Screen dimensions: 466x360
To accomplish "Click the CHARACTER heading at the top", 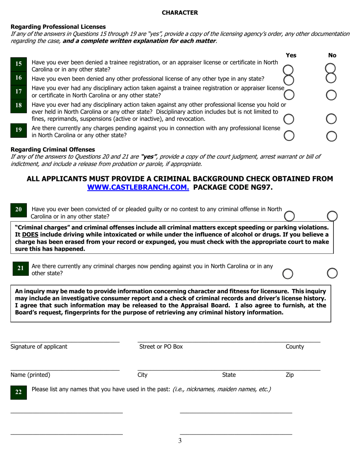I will [x=180, y=13].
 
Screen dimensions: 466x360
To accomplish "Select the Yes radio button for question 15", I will [x=288, y=70].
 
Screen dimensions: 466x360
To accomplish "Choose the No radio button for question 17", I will [x=331, y=95].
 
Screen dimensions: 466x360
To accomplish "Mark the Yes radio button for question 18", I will [x=289, y=119].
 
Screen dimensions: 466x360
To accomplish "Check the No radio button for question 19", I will [x=332, y=136].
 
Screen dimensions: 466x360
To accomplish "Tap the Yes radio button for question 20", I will [x=289, y=216].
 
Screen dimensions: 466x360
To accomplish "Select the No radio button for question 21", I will [x=332, y=273].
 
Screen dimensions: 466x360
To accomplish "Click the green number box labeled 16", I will [x=19, y=78].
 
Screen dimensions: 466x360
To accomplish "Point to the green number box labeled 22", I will [x=19, y=393].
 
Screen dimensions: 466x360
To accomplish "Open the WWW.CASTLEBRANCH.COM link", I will [x=138, y=187].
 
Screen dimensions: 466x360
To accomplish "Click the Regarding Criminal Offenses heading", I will [x=53, y=149].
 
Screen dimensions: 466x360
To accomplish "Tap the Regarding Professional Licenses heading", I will [x=58, y=27].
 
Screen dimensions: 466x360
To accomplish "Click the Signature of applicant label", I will [x=39, y=346].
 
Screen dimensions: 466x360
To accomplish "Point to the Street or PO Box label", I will [x=161, y=346].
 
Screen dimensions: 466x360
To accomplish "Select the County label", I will [x=295, y=346].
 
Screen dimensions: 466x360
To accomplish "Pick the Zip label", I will [x=290, y=375].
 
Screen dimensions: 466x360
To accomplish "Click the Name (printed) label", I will [x=30, y=375].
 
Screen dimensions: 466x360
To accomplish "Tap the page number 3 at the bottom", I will [x=180, y=440].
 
